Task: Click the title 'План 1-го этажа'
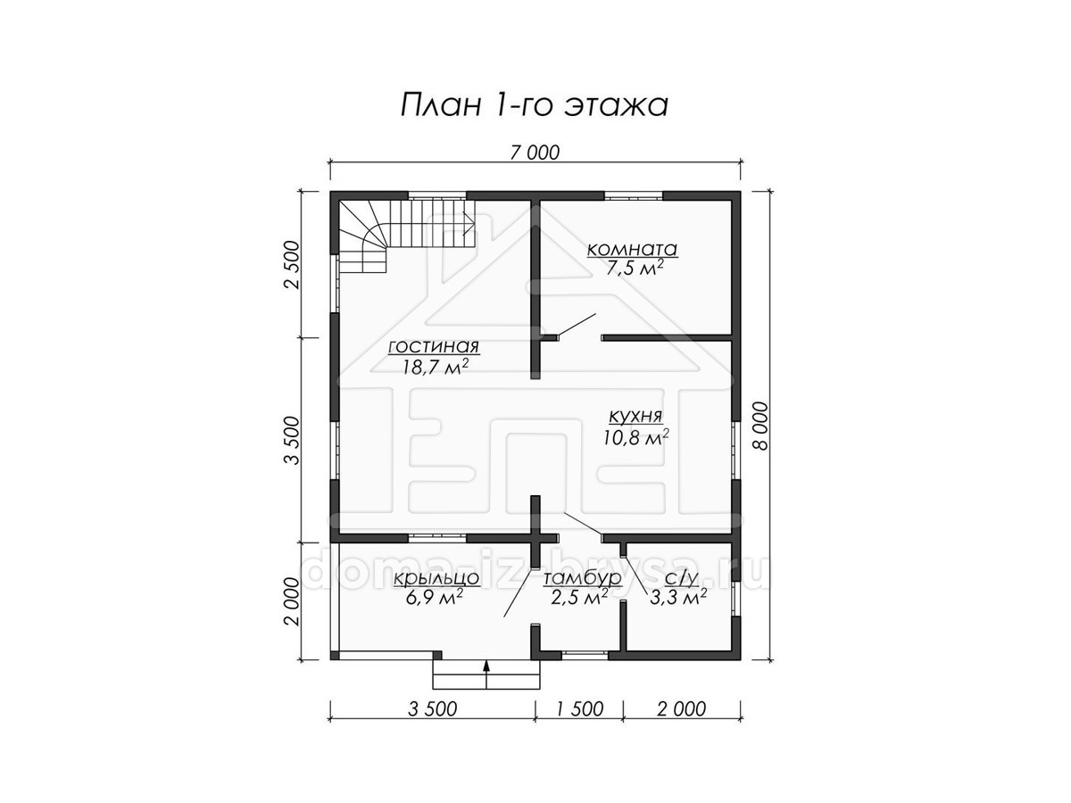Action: coord(534,106)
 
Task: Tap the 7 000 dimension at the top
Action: coord(535,153)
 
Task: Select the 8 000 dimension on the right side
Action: coord(760,426)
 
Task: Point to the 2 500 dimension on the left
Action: coord(292,265)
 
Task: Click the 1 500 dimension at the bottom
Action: coord(579,708)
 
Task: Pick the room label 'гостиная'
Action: coord(434,347)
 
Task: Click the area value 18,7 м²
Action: coord(436,366)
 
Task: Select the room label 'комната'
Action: coord(632,249)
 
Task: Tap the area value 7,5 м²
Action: coord(634,268)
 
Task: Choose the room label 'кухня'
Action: coord(635,417)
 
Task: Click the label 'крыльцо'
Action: coord(436,578)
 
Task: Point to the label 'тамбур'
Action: coord(583,578)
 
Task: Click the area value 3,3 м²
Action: coord(678,597)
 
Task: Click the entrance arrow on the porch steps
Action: coord(486,674)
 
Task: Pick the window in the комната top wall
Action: coord(634,196)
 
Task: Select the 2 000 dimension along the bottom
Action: coord(681,708)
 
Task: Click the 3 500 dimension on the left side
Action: coord(292,440)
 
